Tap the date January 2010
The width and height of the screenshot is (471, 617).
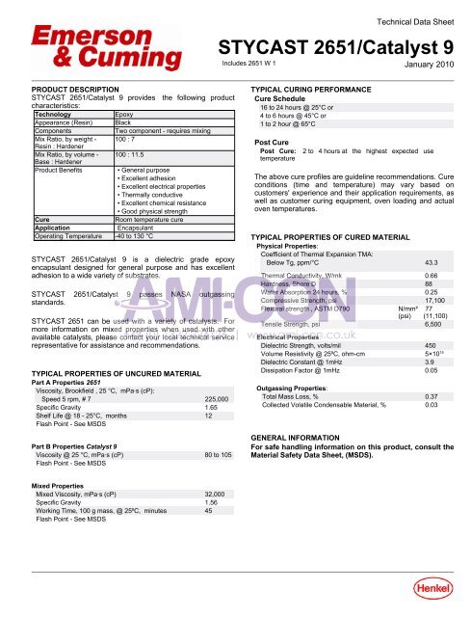[x=427, y=66]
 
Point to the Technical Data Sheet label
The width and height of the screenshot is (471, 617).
[x=414, y=18]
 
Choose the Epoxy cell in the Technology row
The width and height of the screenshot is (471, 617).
[x=124, y=115]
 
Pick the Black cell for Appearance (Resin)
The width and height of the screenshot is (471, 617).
[x=123, y=123]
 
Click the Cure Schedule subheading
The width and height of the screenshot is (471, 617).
[x=286, y=98]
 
